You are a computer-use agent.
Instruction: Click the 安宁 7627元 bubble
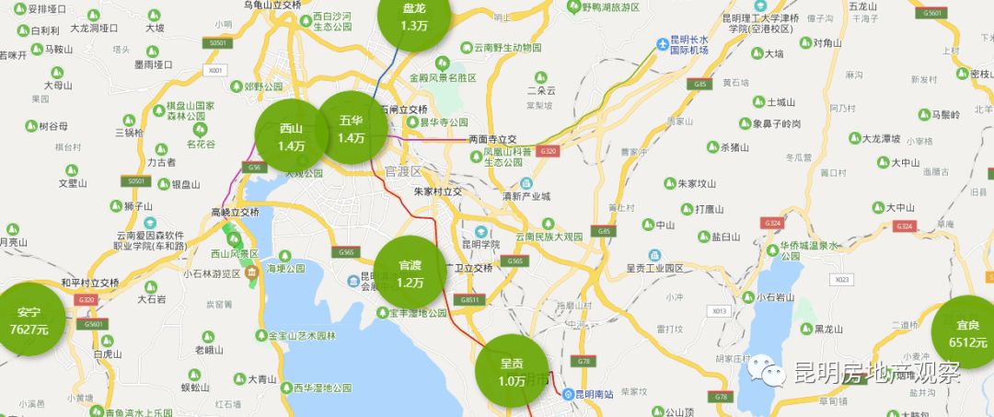pos(29,319)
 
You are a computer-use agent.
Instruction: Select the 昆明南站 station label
pos(599,394)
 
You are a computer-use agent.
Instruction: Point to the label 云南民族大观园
pos(549,237)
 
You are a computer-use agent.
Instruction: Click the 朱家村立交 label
pos(437,191)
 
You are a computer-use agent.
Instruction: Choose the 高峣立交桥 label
pos(236,212)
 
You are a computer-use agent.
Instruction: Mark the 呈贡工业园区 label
pos(654,268)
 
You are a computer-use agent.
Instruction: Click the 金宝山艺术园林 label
pos(305,335)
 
